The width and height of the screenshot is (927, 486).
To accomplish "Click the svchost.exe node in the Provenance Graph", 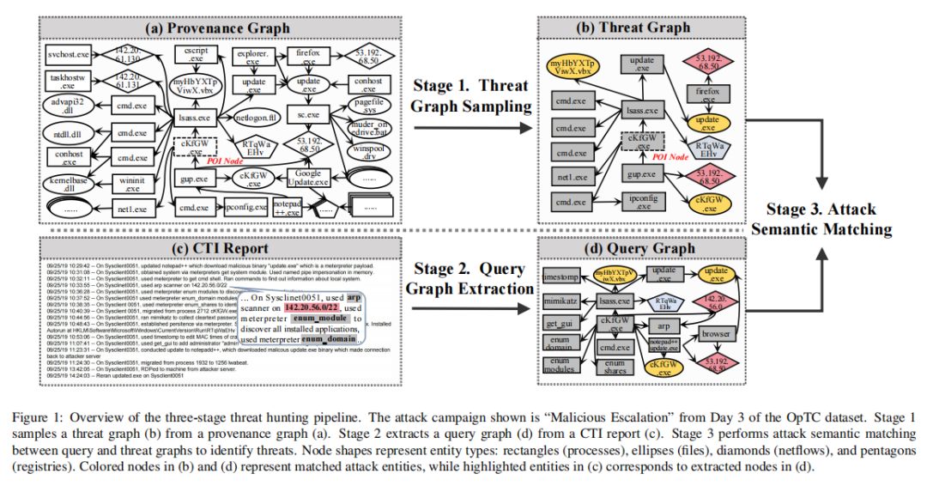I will [69, 56].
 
